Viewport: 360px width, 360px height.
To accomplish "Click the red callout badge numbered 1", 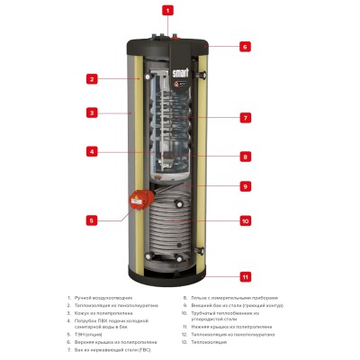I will coord(166,11).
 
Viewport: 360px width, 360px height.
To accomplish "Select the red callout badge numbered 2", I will coord(91,79).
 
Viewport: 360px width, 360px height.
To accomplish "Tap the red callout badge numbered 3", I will coord(91,113).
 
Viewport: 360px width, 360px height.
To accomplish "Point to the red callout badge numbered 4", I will coord(91,151).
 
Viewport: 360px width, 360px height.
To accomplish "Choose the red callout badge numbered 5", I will coord(91,220).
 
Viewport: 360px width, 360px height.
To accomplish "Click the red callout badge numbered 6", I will coord(245,46).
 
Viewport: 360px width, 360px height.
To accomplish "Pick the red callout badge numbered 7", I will coord(245,118).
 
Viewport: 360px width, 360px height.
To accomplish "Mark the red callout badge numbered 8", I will coord(245,156).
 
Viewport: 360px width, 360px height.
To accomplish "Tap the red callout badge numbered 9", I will coord(245,186).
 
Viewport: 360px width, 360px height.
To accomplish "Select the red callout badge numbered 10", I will coord(245,220).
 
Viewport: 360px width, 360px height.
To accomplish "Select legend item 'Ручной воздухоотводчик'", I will coord(104,297).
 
